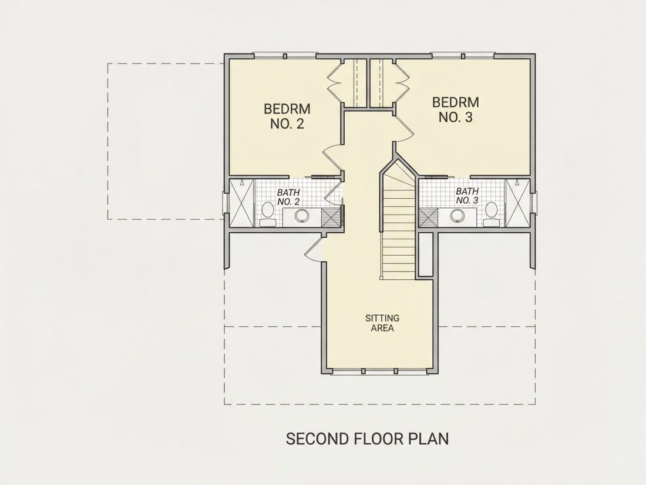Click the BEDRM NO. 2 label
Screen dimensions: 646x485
click(x=287, y=116)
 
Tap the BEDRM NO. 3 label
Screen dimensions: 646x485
click(x=455, y=109)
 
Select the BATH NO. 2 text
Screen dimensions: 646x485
click(x=288, y=197)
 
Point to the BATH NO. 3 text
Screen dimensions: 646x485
click(x=467, y=196)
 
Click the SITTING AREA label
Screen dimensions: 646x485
click(x=382, y=323)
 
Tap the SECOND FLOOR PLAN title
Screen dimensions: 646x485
click(x=367, y=439)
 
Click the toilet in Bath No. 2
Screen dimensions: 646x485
click(x=268, y=215)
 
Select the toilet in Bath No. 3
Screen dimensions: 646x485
click(x=491, y=214)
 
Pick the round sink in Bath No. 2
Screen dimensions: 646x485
click(x=302, y=215)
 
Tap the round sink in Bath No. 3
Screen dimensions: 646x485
click(x=457, y=215)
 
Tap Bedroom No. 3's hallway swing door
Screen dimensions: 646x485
click(x=404, y=127)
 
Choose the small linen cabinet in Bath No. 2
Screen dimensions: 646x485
click(x=331, y=218)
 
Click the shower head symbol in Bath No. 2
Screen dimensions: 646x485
click(x=241, y=182)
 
